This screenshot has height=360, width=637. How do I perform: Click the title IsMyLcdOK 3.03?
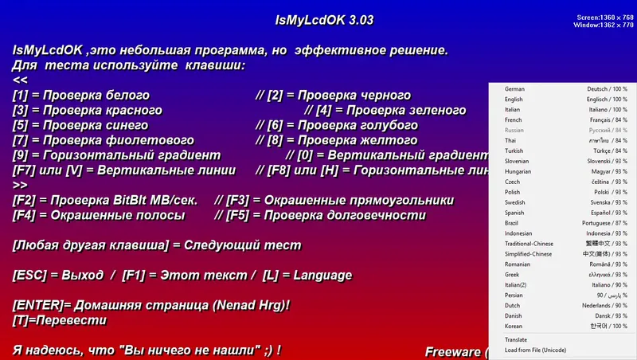coord(318,19)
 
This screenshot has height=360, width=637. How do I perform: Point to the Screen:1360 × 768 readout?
coord(604,17)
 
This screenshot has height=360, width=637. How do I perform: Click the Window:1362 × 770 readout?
coord(604,25)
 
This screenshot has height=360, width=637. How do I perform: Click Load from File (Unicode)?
coord(535,350)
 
